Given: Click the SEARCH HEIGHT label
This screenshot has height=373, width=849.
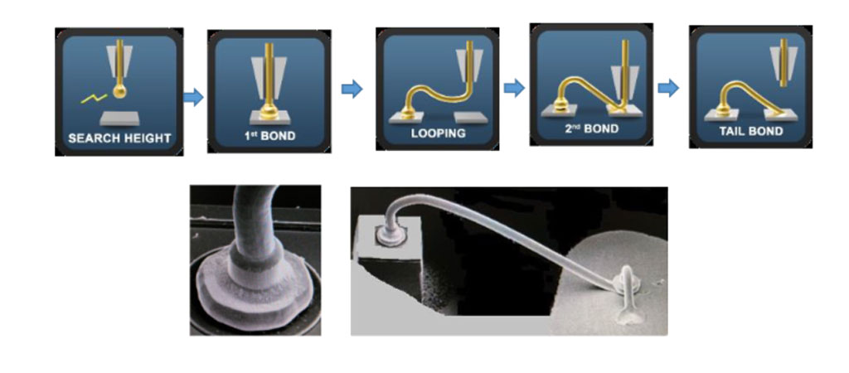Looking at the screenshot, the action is [119, 138].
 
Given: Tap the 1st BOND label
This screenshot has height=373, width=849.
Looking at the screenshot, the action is [269, 135].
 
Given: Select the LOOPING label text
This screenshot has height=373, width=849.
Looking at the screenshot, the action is [438, 133].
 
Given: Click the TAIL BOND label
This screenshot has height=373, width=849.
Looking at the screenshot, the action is [750, 131].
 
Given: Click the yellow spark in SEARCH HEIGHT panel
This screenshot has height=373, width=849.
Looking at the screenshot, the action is [95, 99].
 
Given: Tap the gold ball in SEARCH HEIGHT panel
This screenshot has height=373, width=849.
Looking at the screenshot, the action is [119, 91].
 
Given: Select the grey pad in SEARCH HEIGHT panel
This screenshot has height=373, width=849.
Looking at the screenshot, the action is [119, 118].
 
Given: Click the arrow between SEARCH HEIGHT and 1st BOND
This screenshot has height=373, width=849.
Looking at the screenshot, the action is [193, 98].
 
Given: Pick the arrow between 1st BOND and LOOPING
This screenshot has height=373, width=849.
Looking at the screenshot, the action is [352, 89].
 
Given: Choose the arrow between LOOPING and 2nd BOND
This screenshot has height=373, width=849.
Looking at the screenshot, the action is [514, 88].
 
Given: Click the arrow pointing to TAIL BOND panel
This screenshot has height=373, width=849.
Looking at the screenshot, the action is [668, 88].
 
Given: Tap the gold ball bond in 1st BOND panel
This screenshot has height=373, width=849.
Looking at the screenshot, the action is [269, 113].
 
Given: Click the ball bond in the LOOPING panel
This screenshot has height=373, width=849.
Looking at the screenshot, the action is [410, 113].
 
